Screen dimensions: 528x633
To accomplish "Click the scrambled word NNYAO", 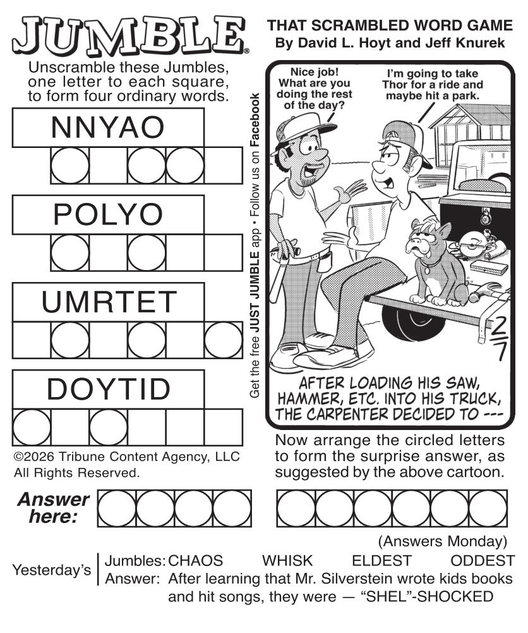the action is pos(107,127).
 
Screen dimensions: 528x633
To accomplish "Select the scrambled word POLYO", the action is pos(108,214).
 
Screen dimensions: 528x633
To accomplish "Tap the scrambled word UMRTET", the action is pos(109,302).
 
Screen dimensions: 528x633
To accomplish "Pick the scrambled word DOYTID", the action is pos(109,389).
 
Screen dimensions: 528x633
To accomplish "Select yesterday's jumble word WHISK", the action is pos(287,561).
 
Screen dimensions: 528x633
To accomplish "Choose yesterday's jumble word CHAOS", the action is pos(196,561).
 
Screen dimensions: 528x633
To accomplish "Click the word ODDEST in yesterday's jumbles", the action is pos(483,561).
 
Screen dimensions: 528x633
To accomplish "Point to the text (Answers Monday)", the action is pos(442,541).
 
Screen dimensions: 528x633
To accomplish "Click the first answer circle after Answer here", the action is pos(117,508).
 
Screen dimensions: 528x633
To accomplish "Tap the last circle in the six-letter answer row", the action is pos(488,508).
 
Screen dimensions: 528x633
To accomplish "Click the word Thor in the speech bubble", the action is pos(393,85).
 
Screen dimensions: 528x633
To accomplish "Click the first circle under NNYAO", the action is pos(70,166).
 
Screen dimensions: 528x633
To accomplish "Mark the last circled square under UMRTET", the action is pos(224,340).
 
